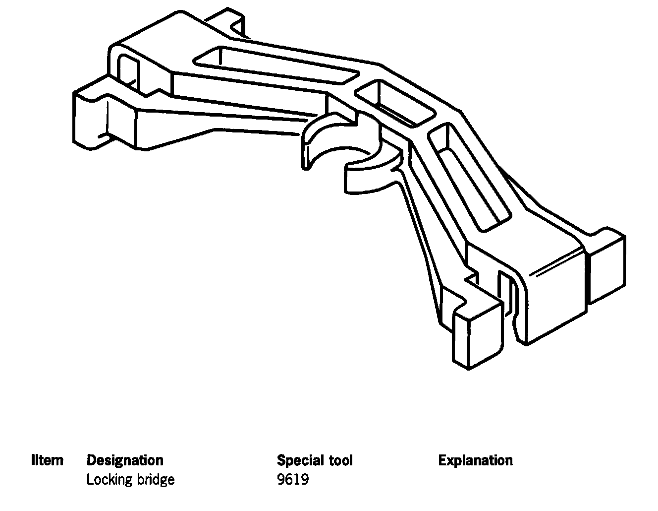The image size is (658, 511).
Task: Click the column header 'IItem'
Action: click(48, 460)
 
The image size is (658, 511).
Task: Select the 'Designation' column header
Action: click(125, 460)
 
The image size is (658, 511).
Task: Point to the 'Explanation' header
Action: click(475, 460)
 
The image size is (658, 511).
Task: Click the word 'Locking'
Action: click(106, 480)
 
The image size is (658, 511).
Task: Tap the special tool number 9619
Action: click(293, 480)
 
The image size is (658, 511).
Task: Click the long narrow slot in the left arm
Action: click(275, 66)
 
